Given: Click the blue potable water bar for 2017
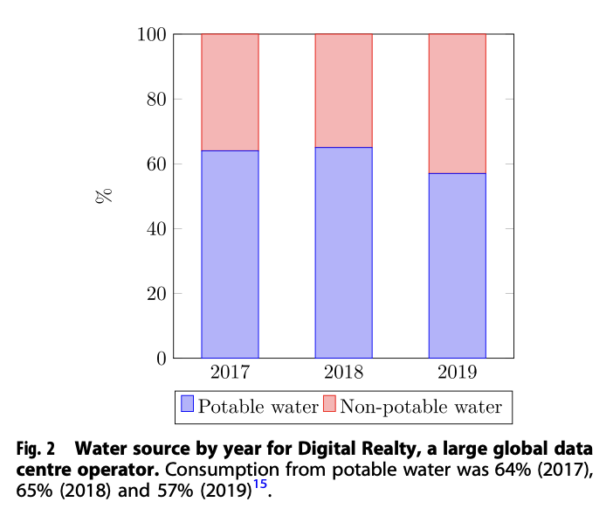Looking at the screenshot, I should click(230, 254).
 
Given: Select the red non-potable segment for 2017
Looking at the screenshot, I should click(230, 92).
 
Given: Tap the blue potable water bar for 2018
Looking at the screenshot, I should click(343, 252).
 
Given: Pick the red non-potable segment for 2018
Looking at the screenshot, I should click(343, 90).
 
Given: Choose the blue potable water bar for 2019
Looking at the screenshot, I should click(457, 265).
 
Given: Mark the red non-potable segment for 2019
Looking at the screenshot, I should click(457, 103).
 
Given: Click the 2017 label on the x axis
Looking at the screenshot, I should click(230, 373).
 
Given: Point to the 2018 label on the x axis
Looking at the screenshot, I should click(343, 373).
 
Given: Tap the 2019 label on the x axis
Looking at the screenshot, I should click(457, 373).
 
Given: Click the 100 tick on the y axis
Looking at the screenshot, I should click(152, 35).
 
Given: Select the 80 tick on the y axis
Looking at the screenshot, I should click(156, 100).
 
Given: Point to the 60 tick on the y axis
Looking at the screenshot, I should click(156, 164).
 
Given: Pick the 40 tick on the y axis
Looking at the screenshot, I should click(156, 229).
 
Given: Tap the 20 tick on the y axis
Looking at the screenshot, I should click(156, 294).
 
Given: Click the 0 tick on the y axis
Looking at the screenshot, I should click(161, 359).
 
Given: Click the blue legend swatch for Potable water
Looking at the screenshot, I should click(187, 405).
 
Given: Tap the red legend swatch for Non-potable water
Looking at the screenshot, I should click(329, 405).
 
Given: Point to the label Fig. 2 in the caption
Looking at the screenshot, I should click(37, 450).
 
